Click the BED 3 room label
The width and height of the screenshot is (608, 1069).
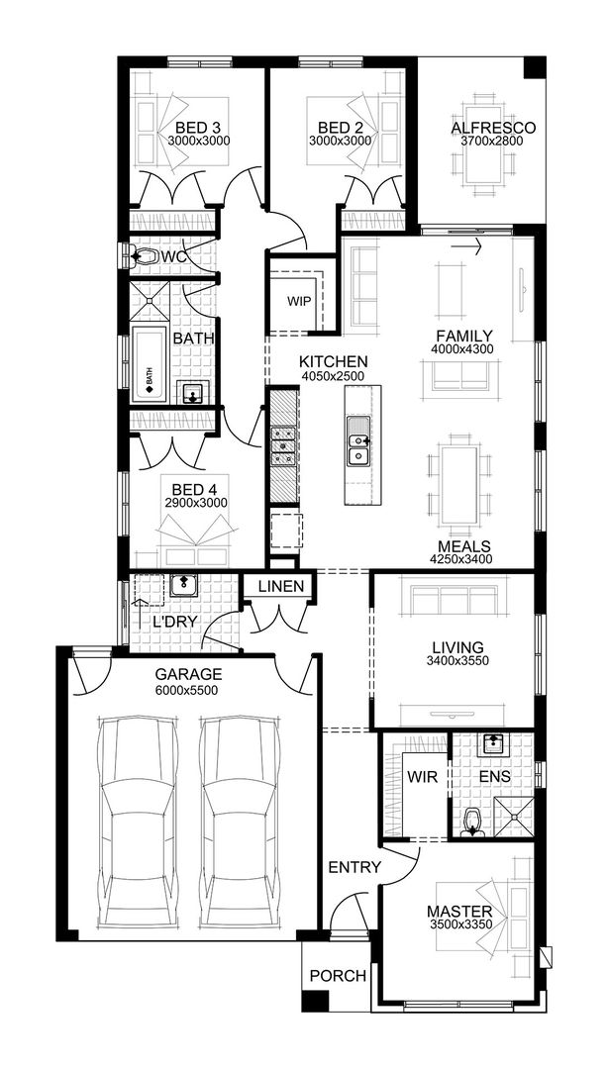(198, 128)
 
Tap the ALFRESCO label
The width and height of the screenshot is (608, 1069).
(493, 128)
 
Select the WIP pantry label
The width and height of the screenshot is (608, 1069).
(299, 301)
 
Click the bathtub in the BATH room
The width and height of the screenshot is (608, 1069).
(151, 364)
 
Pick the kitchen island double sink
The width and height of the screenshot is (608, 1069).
(357, 441)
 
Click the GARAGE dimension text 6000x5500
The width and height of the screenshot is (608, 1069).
(187, 691)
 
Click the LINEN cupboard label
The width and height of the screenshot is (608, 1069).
(280, 587)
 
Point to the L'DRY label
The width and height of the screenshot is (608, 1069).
(175, 622)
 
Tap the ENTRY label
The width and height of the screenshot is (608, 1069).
(354, 868)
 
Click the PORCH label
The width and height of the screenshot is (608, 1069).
(338, 976)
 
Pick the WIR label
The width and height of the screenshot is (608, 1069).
(423, 777)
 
